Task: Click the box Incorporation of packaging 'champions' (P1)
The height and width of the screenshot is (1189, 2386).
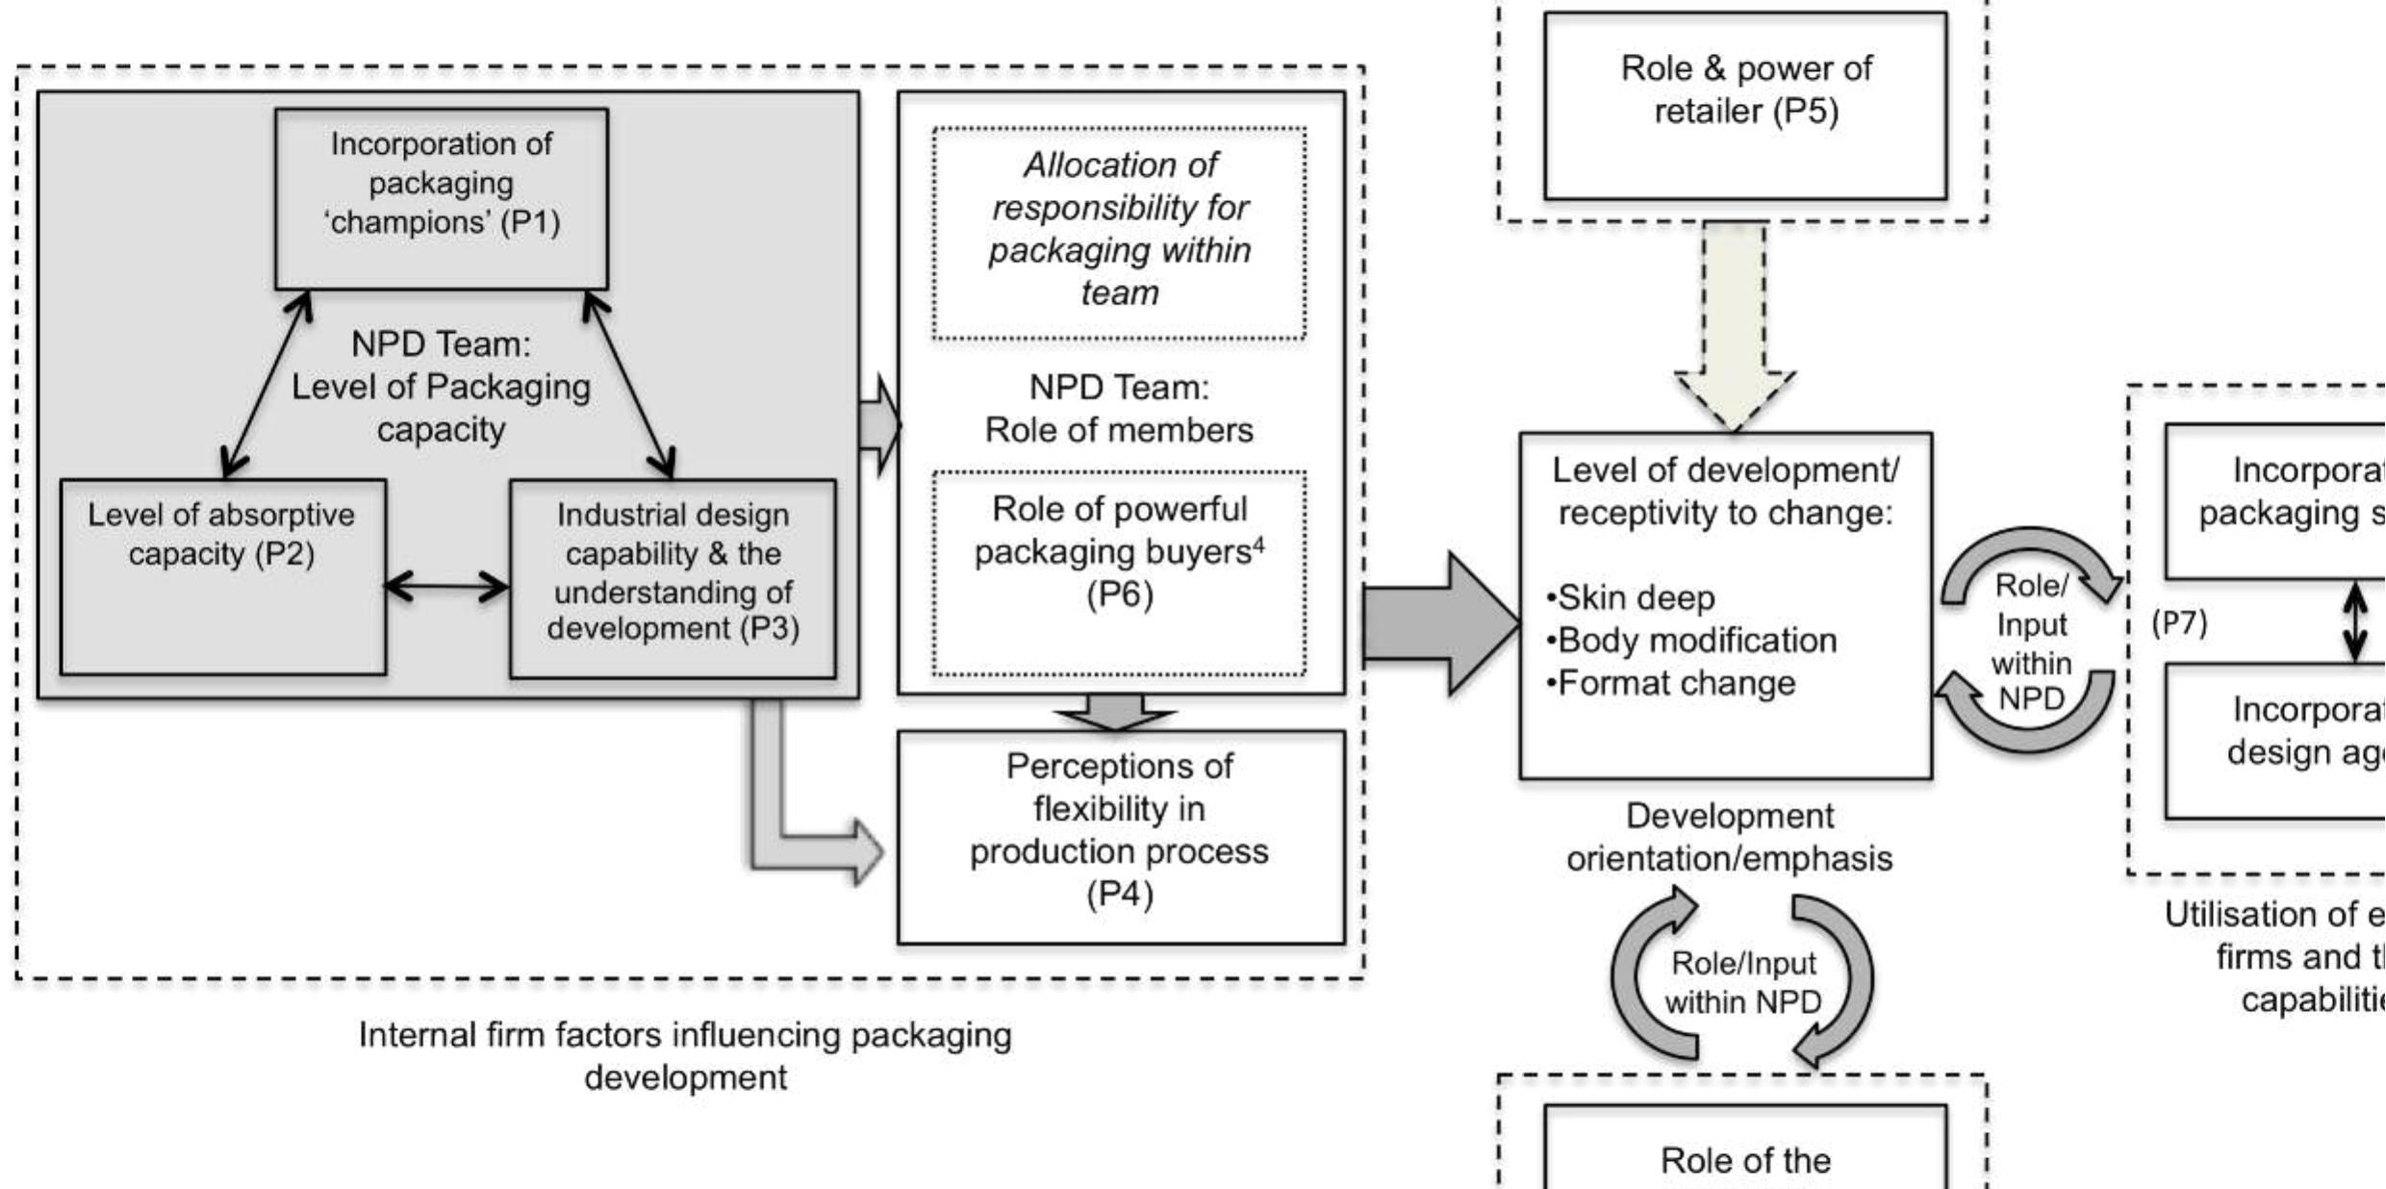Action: (441, 198)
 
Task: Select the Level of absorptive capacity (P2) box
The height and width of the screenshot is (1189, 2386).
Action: (222, 577)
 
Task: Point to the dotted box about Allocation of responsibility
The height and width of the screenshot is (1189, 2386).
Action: (1119, 233)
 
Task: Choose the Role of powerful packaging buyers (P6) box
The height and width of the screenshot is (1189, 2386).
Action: (1119, 573)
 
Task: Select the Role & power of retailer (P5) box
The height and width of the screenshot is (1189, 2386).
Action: (1744, 106)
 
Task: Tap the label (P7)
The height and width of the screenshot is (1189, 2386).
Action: (2179, 623)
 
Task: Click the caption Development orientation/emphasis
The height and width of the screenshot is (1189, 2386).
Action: (1729, 837)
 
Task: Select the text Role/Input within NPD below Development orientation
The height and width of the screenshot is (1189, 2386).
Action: (1742, 982)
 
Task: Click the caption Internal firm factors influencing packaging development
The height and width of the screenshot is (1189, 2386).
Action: (685, 1055)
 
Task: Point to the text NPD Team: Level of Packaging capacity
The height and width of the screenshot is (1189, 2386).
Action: (441, 387)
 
